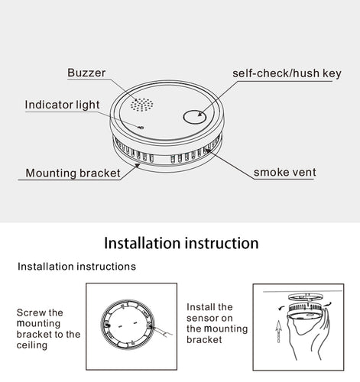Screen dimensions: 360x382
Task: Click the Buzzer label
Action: pos(86,73)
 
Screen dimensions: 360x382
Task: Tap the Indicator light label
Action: pos(62,105)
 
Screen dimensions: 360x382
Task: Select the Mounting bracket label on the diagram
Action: pos(73,173)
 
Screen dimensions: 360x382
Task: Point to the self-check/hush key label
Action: pos(287,73)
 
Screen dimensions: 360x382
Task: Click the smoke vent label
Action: pos(284,172)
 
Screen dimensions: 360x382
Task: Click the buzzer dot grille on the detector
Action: pos(142,105)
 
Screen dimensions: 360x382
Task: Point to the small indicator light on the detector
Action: pos(141,127)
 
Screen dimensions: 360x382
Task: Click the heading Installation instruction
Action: pos(181,243)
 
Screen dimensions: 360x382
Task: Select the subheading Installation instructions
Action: pos(76,267)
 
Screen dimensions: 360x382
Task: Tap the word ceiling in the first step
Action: pos(32,345)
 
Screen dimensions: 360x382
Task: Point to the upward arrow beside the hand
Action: pos(278,331)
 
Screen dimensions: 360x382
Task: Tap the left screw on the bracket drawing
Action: pos(106,325)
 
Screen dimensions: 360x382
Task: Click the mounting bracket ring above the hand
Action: pos(306,297)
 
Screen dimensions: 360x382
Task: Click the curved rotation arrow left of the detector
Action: pos(281,309)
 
